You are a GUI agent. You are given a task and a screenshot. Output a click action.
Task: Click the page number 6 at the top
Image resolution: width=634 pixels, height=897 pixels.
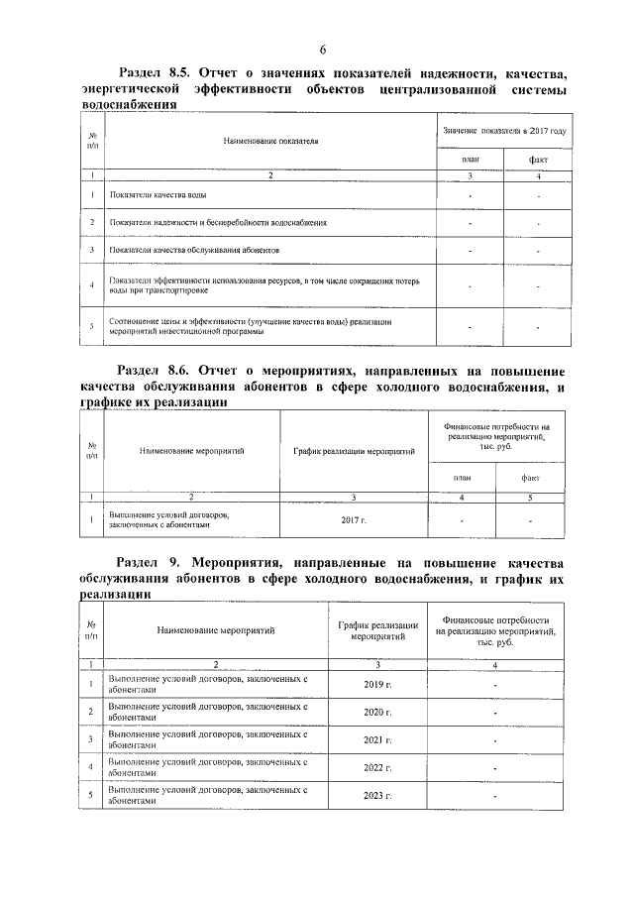[x=323, y=52]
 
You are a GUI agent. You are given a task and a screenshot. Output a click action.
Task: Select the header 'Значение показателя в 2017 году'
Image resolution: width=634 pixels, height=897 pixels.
[x=504, y=131]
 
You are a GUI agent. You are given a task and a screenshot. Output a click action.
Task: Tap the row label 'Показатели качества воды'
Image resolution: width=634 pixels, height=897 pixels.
[x=158, y=196]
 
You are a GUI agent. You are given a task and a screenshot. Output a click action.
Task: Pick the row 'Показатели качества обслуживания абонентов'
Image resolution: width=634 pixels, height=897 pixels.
[x=194, y=251]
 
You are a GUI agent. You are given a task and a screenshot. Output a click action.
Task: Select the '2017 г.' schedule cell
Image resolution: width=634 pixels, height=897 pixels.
[x=353, y=519]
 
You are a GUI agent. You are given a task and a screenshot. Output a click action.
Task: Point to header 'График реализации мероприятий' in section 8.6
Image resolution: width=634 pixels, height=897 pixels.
[x=354, y=451]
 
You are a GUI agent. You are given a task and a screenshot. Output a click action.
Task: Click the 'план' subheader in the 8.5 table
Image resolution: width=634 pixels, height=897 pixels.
[x=471, y=160]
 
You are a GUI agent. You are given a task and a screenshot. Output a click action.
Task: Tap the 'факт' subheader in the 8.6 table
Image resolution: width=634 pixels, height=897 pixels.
[x=530, y=479]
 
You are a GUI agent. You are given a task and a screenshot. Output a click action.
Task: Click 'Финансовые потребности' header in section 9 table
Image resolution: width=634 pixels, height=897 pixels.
[x=495, y=629]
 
